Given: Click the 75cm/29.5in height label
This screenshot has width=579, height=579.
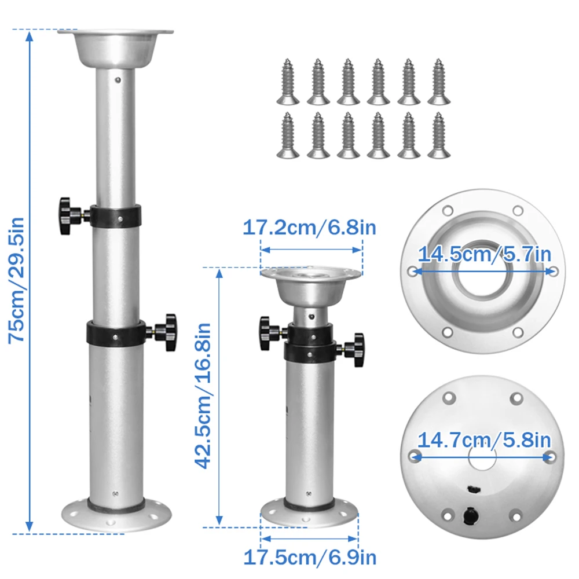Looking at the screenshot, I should click(16, 280).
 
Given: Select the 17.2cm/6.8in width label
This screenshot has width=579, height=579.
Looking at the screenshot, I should click(309, 227).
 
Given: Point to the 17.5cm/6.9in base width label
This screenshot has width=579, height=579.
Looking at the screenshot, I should click(309, 558).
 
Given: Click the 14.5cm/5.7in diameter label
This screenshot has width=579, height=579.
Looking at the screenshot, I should click(484, 254).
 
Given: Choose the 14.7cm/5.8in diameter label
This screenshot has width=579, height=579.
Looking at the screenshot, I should click(484, 440).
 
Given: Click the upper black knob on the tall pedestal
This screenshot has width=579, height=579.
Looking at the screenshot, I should click(67, 215).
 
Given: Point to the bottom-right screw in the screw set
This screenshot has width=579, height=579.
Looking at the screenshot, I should click(439, 135).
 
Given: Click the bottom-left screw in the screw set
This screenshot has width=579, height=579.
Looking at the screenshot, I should click(287, 135).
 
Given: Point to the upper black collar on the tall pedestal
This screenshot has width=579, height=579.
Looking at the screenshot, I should click(116, 215).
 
